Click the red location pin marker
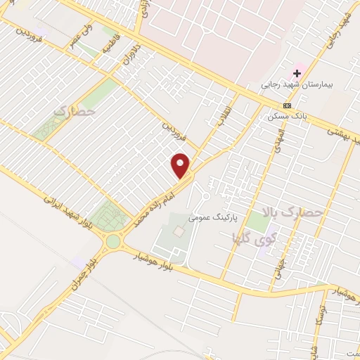pyautogui.click(x=181, y=166)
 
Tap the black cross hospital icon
pyautogui.click(x=297, y=73)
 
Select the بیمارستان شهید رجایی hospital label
pyautogui.click(x=296, y=84)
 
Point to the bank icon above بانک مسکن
pyautogui.click(x=286, y=105)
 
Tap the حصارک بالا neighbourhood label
pyautogui.click(x=290, y=212)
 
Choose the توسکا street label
pyautogui.click(x=319, y=311)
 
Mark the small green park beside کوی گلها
pyautogui.click(x=257, y=223)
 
